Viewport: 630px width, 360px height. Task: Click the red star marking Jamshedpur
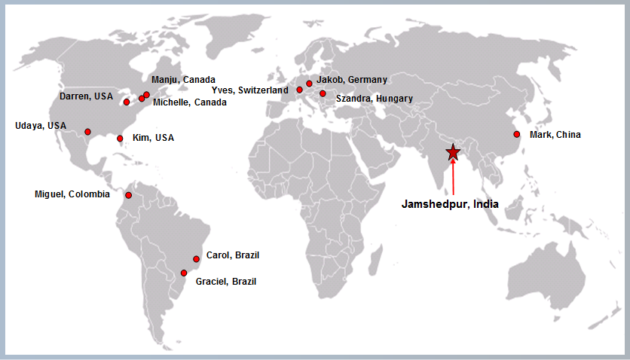pos(452,152)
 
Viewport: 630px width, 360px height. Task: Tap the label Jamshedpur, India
pos(449,203)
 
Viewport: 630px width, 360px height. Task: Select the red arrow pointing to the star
pos(452,178)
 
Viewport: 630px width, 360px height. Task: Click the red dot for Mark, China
pos(517,134)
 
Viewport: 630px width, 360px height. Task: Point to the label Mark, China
pos(555,135)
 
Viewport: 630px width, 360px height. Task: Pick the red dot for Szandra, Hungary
pos(323,93)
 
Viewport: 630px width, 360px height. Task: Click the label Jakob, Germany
pos(352,79)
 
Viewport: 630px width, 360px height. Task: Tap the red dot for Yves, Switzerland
pos(300,90)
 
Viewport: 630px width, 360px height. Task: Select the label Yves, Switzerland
pos(249,90)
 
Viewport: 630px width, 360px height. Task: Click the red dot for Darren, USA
pos(127,102)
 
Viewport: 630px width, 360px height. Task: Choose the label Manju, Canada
pos(183,79)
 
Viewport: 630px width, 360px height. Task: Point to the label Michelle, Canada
pos(189,102)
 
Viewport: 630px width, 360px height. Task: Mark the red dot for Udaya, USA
pos(87,132)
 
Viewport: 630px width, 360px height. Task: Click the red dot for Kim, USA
pos(120,139)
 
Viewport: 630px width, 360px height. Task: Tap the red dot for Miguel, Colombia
pos(128,196)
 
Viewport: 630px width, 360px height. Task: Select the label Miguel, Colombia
pos(72,194)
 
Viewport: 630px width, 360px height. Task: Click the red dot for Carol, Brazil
pos(197,258)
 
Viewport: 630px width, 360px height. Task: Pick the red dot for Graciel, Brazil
pos(184,273)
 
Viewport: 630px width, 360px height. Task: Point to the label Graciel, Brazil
pos(225,282)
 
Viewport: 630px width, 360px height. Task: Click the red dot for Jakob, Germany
pos(309,84)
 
